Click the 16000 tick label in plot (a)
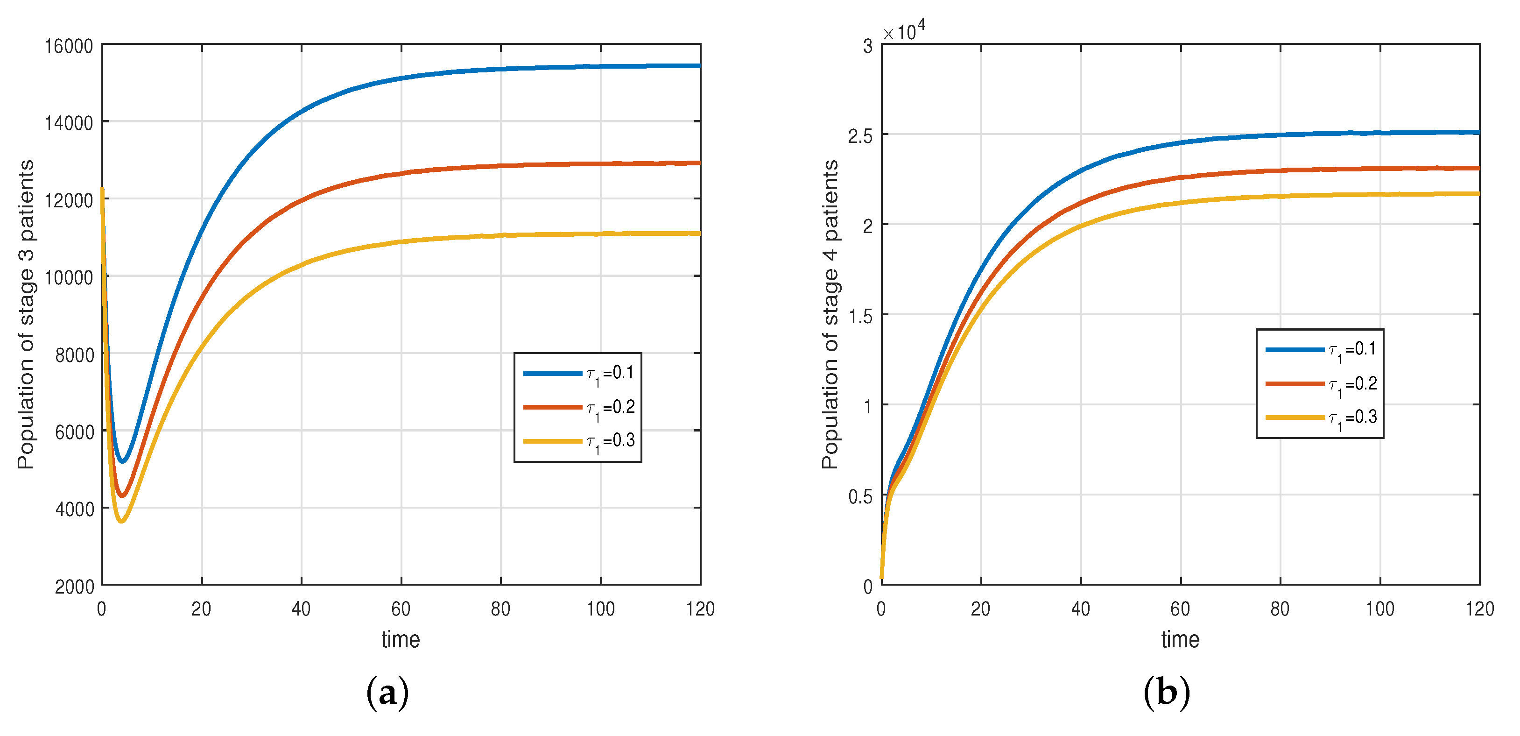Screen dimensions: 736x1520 click(x=69, y=46)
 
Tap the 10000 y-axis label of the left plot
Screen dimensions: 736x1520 click(x=69, y=277)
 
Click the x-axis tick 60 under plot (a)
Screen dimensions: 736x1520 click(x=401, y=609)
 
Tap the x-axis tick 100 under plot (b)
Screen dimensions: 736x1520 click(x=1379, y=609)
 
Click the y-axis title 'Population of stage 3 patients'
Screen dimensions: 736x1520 click(x=26, y=315)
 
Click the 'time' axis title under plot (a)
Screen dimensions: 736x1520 click(x=401, y=640)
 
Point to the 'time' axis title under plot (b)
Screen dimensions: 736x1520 click(x=1180, y=640)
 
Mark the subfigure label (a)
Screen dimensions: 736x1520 click(x=387, y=692)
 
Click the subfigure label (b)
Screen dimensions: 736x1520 click(x=1167, y=692)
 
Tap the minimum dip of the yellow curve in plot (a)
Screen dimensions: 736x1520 click(x=121, y=521)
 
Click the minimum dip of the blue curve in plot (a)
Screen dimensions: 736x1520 click(x=123, y=461)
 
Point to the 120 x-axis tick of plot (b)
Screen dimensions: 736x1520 click(x=1479, y=609)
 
